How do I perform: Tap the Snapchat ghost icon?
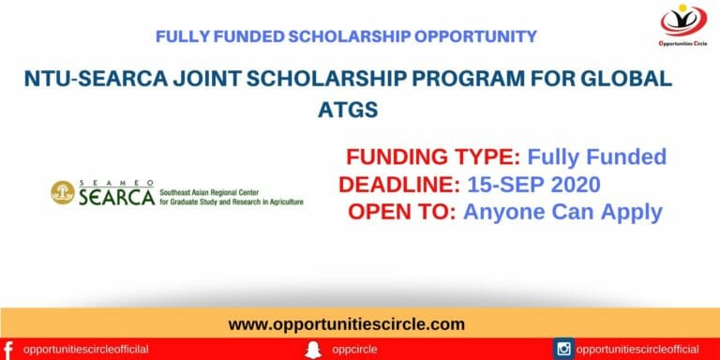[x=312, y=349]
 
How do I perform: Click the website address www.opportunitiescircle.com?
[x=347, y=324]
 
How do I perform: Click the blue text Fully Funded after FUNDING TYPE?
[x=596, y=157]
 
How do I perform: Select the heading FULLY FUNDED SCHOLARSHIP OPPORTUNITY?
[x=346, y=37]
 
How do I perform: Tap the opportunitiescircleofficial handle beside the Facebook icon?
[x=86, y=349]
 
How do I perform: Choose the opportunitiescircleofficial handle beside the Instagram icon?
[x=637, y=349]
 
